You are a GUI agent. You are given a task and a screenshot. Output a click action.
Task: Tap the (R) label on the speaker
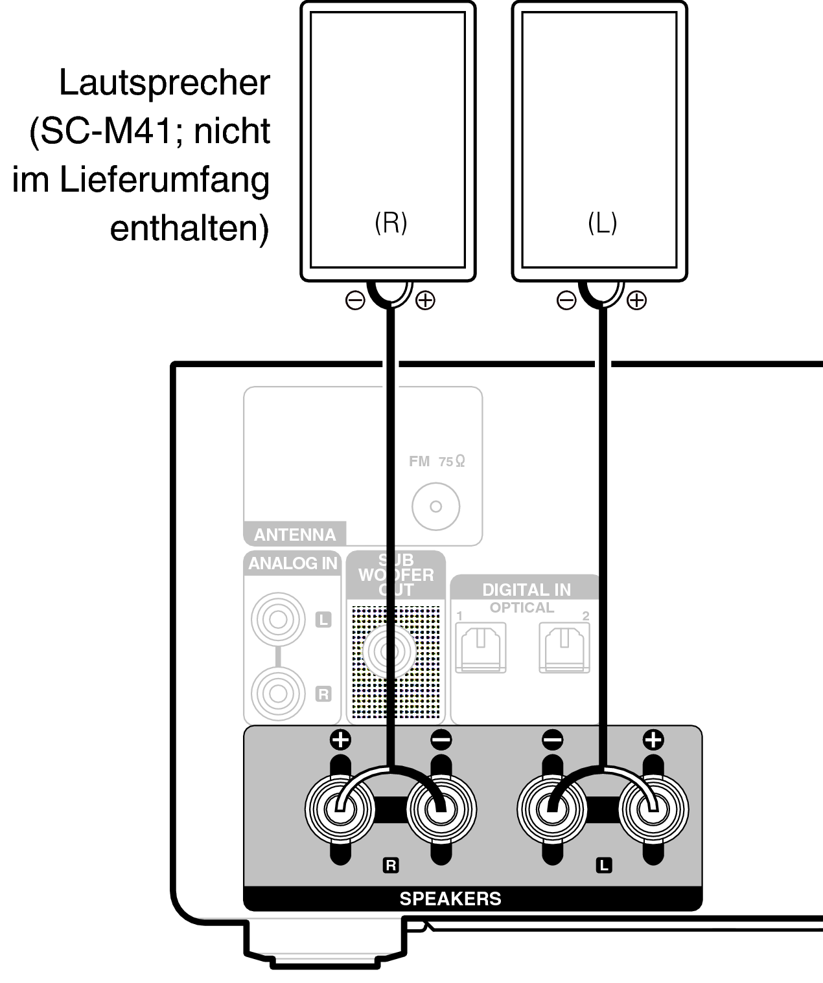point(391,223)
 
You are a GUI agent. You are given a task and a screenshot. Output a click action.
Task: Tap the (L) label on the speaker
point(602,223)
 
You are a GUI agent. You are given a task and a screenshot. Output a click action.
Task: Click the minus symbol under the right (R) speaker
point(355,300)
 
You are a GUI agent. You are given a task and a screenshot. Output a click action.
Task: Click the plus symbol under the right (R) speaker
point(425,300)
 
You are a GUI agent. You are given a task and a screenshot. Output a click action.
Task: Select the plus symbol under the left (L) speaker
point(636,300)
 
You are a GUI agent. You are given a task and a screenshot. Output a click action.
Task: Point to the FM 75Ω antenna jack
point(435,506)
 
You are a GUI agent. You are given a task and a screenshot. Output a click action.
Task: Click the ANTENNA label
point(295,535)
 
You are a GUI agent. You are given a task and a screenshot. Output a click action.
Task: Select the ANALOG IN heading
point(293,563)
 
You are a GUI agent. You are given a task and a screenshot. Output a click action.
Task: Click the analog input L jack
point(278,620)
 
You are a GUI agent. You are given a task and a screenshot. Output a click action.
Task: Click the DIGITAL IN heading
point(526,590)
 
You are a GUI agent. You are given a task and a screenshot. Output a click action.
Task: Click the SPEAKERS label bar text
point(450,899)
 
